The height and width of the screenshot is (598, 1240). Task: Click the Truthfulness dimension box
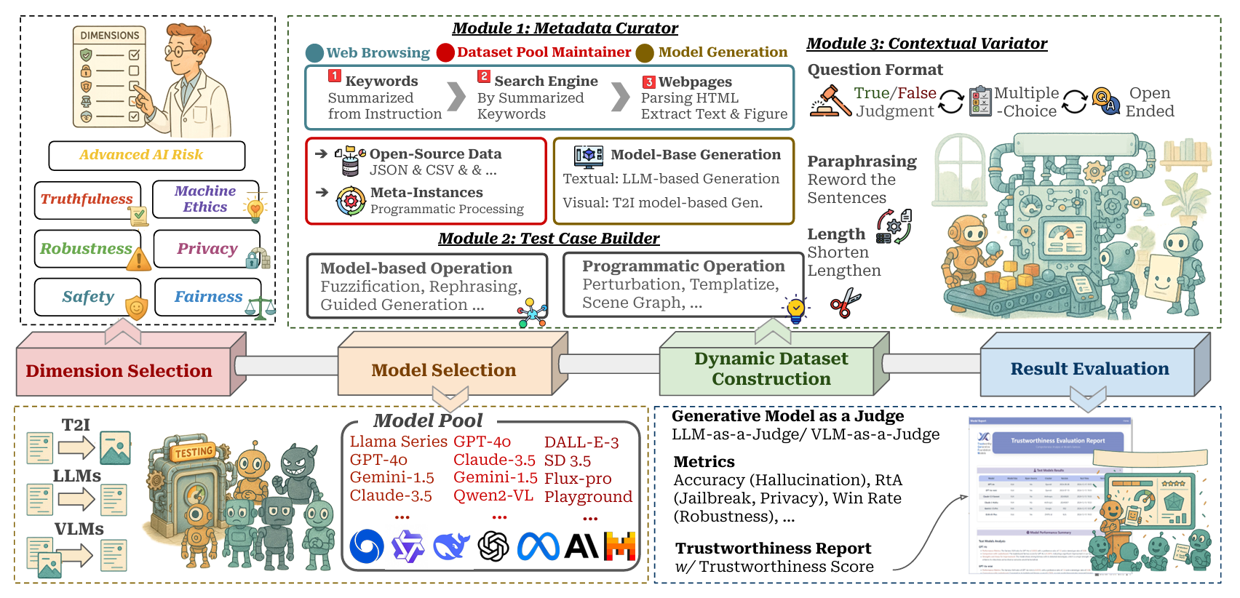tap(87, 199)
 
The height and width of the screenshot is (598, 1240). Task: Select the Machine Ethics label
tap(205, 199)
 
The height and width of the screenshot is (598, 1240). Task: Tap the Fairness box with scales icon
tap(208, 297)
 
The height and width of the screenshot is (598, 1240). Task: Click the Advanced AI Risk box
tap(146, 155)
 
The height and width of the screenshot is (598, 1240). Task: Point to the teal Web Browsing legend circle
tap(314, 53)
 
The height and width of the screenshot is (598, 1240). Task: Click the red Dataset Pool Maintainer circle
tap(445, 52)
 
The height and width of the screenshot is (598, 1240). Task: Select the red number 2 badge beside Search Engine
tap(484, 76)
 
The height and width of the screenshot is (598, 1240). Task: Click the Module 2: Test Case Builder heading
tap(549, 239)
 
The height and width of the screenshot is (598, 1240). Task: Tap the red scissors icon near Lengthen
tap(845, 303)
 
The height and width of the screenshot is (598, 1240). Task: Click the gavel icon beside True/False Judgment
tap(830, 101)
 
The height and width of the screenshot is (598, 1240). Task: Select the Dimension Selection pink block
tap(119, 371)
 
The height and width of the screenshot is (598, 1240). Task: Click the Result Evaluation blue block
tap(1089, 369)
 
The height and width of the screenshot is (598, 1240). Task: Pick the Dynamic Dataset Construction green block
tap(771, 369)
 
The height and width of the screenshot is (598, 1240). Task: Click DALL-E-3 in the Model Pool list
tap(581, 442)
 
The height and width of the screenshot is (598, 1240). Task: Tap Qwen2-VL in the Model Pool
tap(493, 496)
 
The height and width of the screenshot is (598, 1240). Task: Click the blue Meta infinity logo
tap(538, 546)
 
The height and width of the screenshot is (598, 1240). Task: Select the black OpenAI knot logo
tap(493, 546)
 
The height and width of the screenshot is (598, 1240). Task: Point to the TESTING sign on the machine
tap(193, 453)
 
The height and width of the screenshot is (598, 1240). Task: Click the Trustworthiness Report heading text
tap(773, 549)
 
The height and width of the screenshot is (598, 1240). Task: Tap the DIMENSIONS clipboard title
tap(109, 36)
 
